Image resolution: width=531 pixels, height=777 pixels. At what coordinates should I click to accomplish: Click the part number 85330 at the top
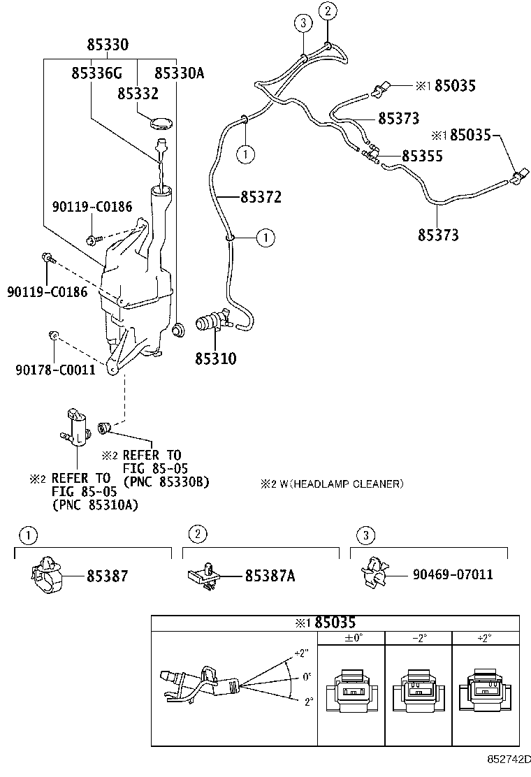[x=108, y=45]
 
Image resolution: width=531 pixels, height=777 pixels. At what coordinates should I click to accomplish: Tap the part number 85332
[x=138, y=94]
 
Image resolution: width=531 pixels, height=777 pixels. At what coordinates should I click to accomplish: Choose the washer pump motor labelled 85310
[x=214, y=322]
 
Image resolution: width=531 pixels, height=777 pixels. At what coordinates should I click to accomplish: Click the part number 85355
[x=421, y=156]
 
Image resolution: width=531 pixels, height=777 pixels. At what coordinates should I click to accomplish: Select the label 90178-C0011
[x=54, y=370]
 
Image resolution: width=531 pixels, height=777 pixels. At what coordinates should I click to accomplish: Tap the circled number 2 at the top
[x=328, y=10]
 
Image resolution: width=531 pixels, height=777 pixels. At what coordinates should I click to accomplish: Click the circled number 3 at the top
[x=302, y=23]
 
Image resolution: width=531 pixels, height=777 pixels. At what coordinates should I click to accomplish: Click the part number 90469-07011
[x=453, y=575]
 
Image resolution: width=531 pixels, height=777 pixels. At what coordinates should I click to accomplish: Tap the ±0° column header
[x=353, y=637]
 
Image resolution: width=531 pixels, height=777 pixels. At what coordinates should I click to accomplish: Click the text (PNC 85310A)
[x=94, y=505]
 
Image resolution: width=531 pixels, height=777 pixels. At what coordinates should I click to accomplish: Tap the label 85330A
[x=179, y=73]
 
